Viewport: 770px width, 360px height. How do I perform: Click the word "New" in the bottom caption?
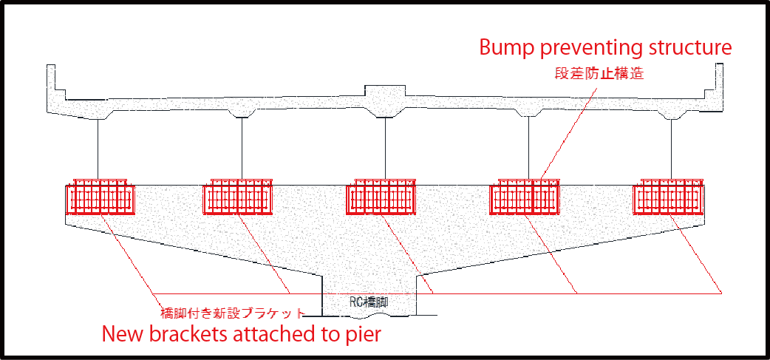pos(123,334)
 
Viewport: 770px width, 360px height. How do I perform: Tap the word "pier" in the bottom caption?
pos(362,335)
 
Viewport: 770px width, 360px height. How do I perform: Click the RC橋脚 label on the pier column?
pos(369,302)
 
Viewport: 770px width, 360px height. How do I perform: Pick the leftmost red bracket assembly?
pos(100,197)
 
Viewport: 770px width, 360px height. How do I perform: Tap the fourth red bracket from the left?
pos(527,197)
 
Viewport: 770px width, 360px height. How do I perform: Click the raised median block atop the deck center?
pos(385,94)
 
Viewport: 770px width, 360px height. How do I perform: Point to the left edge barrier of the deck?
pos(52,81)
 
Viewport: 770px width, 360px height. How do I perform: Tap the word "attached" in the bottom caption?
pos(273,334)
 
